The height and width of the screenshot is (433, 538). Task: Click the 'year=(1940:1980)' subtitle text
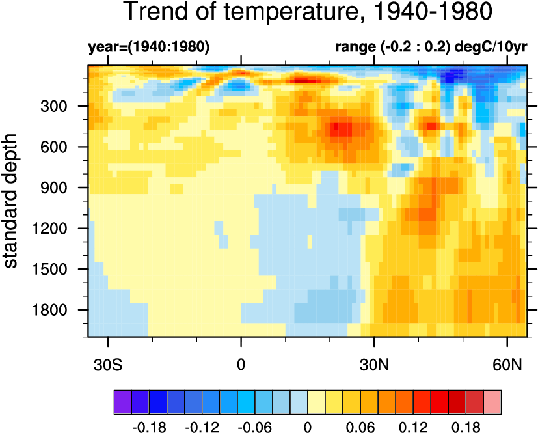pyautogui.click(x=148, y=47)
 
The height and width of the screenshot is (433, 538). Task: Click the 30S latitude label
pyautogui.click(x=107, y=364)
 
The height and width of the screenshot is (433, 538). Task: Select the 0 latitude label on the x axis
pyautogui.click(x=241, y=364)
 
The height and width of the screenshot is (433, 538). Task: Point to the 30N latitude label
pyautogui.click(x=373, y=364)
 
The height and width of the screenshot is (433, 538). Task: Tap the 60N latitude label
pyautogui.click(x=507, y=364)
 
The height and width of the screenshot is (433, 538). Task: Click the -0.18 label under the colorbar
pyautogui.click(x=149, y=428)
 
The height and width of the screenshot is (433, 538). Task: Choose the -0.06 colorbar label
pyautogui.click(x=256, y=428)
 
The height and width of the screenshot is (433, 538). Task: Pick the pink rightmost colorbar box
pyautogui.click(x=492, y=402)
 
